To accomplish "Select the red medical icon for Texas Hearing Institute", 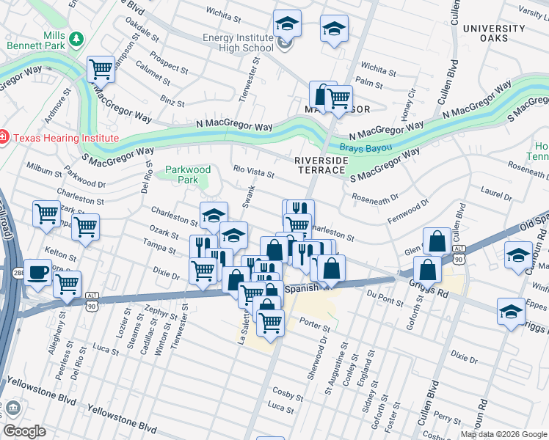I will coord(2,137).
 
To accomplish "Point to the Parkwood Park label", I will coord(187,175).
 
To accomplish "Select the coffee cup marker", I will coord(37,271).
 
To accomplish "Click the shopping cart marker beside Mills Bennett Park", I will coord(101,70).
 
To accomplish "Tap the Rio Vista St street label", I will coord(254,172).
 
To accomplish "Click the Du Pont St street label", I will coord(386,298).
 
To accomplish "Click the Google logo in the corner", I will coord(24,431).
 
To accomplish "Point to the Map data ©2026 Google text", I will coord(503,434).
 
